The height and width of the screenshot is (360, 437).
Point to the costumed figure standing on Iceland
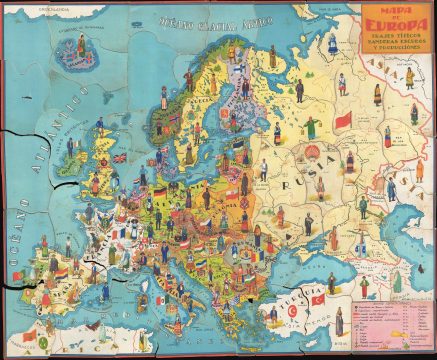click(x=76, y=56)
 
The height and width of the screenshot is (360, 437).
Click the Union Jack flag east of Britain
click(x=119, y=158)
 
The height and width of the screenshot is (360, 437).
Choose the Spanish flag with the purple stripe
click(x=60, y=270)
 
